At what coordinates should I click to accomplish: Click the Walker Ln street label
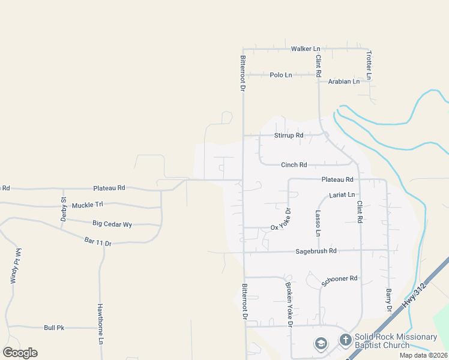[306, 49]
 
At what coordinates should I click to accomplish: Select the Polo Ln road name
[280, 75]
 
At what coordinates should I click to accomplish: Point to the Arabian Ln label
[343, 81]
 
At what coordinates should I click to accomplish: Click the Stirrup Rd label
[289, 136]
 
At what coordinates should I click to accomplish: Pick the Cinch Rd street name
[294, 165]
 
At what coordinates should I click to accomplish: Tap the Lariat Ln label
[342, 195]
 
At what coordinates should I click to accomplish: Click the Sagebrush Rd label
[316, 251]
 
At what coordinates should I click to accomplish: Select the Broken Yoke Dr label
[289, 304]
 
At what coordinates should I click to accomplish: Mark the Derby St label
[63, 209]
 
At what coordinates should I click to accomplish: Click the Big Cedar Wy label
[112, 224]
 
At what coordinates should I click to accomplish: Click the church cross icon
[345, 340]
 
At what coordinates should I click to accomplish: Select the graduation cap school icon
[321, 344]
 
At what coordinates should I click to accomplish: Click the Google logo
[20, 353]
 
